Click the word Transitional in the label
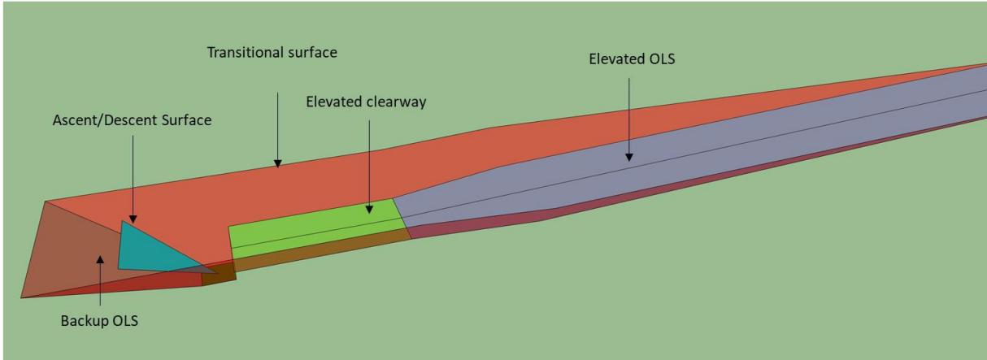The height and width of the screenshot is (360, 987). pyautogui.click(x=246, y=53)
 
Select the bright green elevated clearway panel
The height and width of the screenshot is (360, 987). pyautogui.click(x=317, y=229)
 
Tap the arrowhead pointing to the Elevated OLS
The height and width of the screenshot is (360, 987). pyautogui.click(x=629, y=158)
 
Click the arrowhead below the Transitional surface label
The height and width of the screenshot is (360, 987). pyautogui.click(x=277, y=164)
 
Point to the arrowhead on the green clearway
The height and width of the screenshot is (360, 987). pyautogui.click(x=369, y=210)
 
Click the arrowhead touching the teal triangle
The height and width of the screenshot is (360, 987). pyautogui.click(x=133, y=219)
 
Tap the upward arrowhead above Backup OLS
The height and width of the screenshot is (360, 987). pyautogui.click(x=101, y=259)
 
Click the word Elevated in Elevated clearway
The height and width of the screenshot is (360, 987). pyautogui.click(x=334, y=102)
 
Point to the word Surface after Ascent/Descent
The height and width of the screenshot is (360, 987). pyautogui.click(x=186, y=120)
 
